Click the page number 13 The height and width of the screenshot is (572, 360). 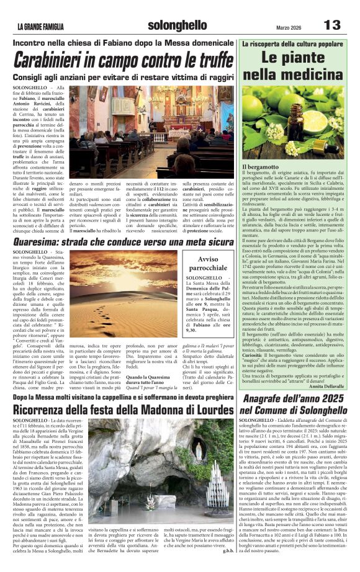(x=333, y=25)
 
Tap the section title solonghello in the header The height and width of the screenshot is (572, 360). (x=178, y=25)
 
